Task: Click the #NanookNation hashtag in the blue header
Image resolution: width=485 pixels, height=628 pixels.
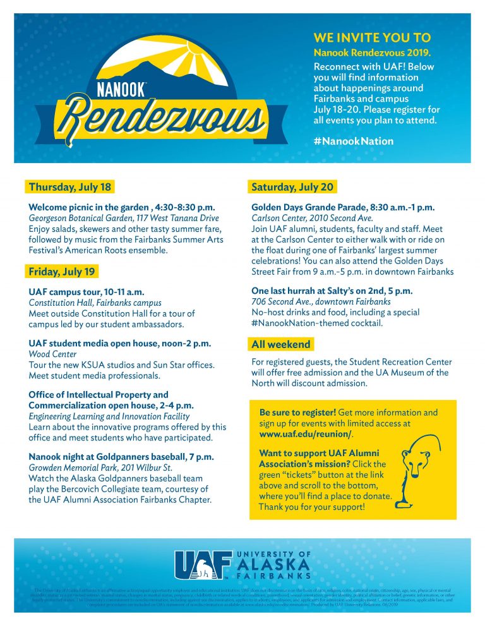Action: [353, 142]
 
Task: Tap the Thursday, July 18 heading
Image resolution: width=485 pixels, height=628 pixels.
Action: [69, 187]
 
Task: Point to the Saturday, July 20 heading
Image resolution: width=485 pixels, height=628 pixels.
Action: [292, 187]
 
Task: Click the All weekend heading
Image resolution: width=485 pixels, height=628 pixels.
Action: [281, 344]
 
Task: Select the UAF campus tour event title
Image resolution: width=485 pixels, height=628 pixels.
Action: [87, 293]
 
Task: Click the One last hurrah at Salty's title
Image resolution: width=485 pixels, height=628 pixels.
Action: [332, 291]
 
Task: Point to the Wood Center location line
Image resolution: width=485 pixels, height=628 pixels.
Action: [52, 354]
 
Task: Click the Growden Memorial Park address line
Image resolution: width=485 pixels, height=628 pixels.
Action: [100, 468]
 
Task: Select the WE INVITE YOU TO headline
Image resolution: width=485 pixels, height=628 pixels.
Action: [372, 38]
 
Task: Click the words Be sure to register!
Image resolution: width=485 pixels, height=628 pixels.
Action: [297, 413]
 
